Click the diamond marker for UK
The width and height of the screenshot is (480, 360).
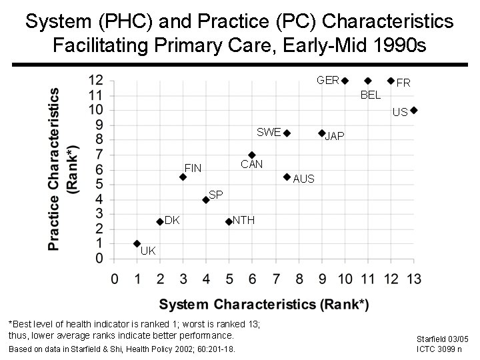(x=137, y=243)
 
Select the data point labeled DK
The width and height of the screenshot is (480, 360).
(x=160, y=221)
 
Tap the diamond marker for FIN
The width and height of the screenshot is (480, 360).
(x=183, y=177)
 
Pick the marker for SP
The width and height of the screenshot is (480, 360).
(x=206, y=199)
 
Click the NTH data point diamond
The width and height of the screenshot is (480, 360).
(x=229, y=221)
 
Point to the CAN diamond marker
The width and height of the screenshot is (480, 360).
(x=252, y=155)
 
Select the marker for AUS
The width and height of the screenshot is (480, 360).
(x=287, y=177)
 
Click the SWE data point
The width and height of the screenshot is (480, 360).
(x=287, y=133)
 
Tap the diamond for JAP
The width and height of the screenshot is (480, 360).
(x=321, y=133)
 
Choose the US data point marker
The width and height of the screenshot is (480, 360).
(x=413, y=110)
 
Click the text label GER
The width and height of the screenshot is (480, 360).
(x=328, y=81)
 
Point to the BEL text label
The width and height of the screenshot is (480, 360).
(x=370, y=95)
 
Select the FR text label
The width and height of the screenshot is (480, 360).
(x=403, y=83)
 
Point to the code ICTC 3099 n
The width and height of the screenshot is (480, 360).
(x=441, y=349)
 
